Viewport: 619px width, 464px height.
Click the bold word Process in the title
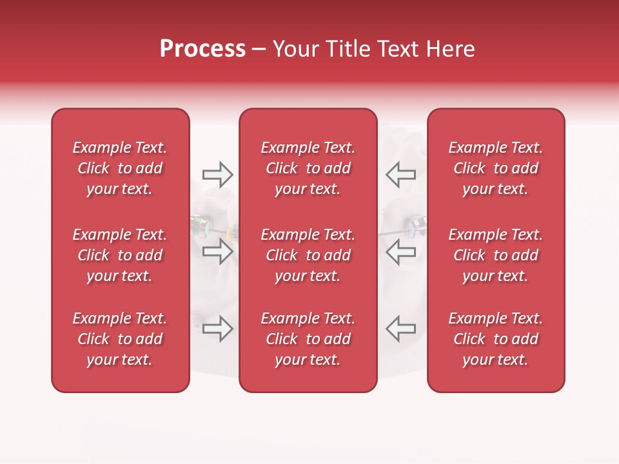pyautogui.click(x=202, y=49)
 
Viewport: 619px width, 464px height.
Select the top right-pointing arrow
pyautogui.click(x=217, y=175)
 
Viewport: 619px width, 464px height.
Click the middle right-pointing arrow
pyautogui.click(x=217, y=251)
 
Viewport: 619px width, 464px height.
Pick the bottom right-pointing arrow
pyautogui.click(x=217, y=328)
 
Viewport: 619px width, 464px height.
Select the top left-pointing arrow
pyautogui.click(x=401, y=175)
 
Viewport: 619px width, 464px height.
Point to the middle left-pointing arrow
pyautogui.click(x=401, y=251)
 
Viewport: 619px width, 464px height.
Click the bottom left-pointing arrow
pyautogui.click(x=401, y=328)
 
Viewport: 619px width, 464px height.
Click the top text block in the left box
pyautogui.click(x=120, y=168)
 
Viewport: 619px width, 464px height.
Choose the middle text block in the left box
pyautogui.click(x=120, y=255)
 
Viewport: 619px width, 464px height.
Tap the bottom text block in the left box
pyautogui.click(x=120, y=339)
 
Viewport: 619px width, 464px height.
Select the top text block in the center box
pyautogui.click(x=308, y=168)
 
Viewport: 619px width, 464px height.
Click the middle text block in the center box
pyautogui.click(x=308, y=255)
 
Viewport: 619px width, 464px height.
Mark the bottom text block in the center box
pyautogui.click(x=308, y=339)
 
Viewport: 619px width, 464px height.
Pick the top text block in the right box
pyautogui.click(x=496, y=168)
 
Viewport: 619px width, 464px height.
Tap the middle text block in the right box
pyautogui.click(x=496, y=255)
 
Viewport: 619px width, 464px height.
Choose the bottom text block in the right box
pyautogui.click(x=496, y=339)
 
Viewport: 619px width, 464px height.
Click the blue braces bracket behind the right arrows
pyautogui.click(x=410, y=226)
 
